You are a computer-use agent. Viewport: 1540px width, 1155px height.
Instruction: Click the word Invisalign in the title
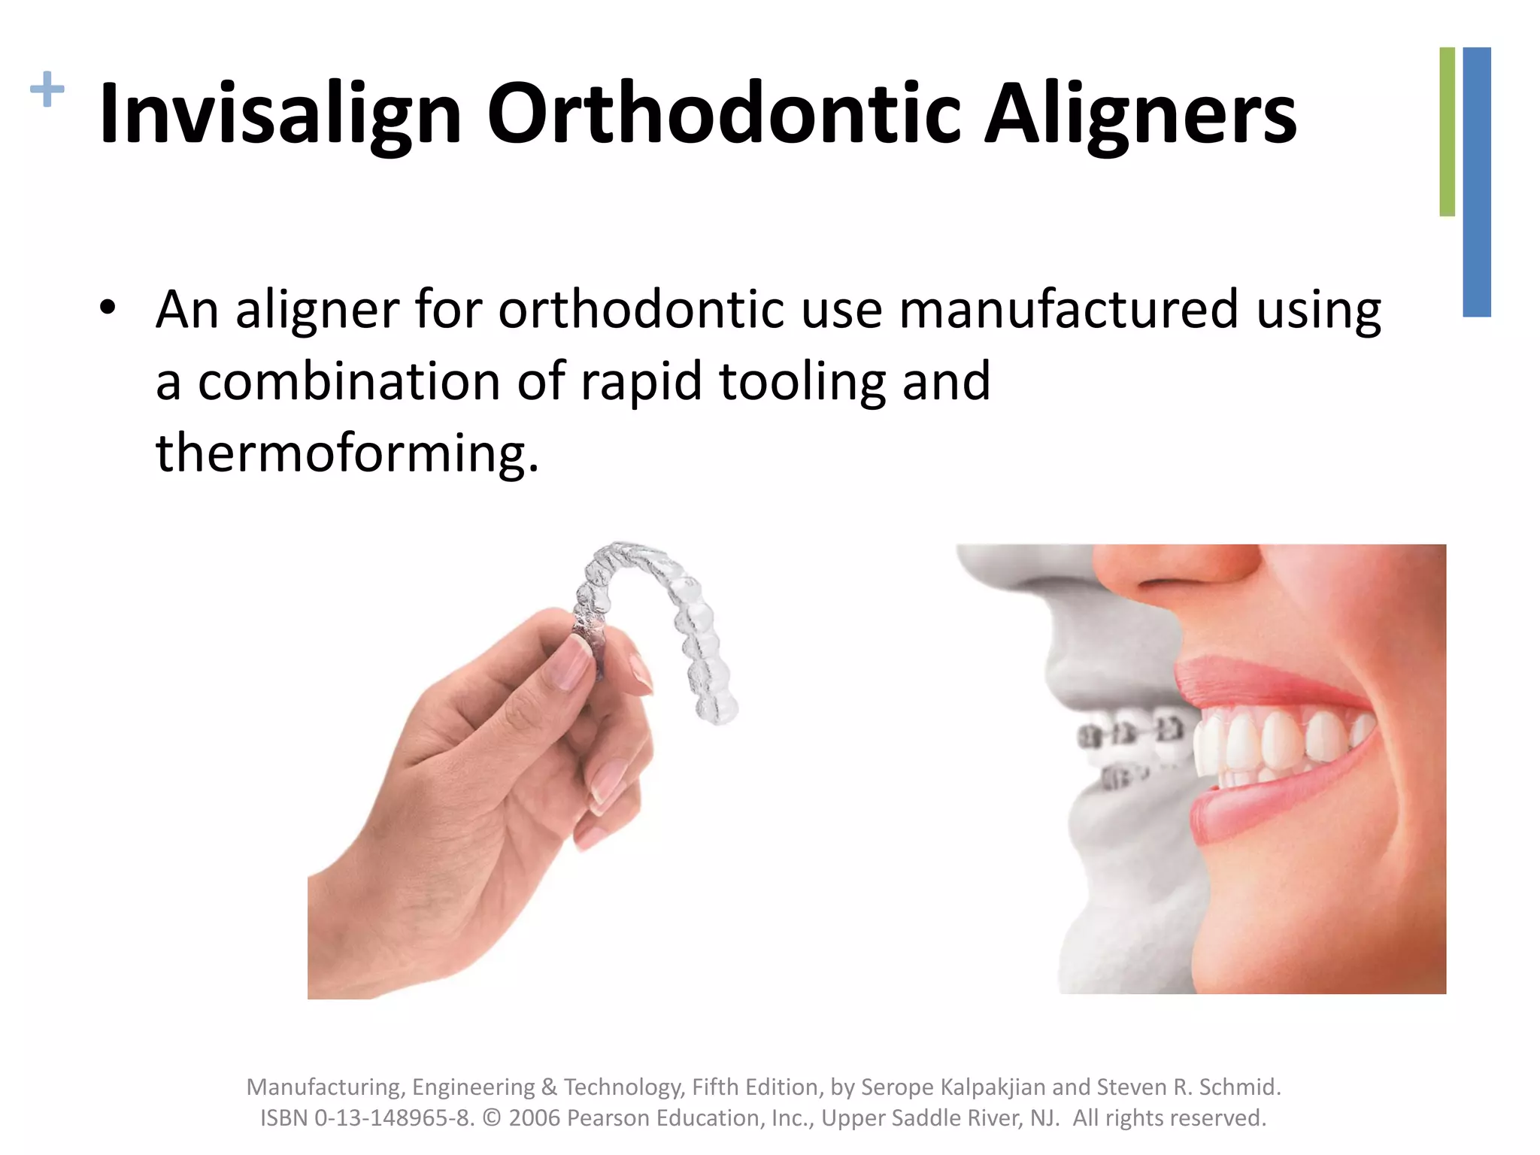coord(280,114)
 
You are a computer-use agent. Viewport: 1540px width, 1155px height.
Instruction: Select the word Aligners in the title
coord(1140,114)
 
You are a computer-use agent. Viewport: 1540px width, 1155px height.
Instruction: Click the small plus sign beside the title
coord(47,89)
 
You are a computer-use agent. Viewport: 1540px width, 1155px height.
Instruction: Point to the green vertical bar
coord(1447,132)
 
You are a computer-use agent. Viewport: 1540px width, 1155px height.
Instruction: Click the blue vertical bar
coord(1477,181)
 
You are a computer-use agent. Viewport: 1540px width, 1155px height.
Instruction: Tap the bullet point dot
coord(108,308)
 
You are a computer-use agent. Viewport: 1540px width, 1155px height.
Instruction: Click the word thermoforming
coord(347,453)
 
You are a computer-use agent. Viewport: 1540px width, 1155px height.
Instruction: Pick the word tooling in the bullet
coord(802,381)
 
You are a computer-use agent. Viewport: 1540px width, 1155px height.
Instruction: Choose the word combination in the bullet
coord(348,381)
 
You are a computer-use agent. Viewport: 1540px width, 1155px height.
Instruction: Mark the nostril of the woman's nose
coord(1173,583)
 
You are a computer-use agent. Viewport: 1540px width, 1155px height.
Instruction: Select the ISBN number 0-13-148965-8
coord(394,1118)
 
